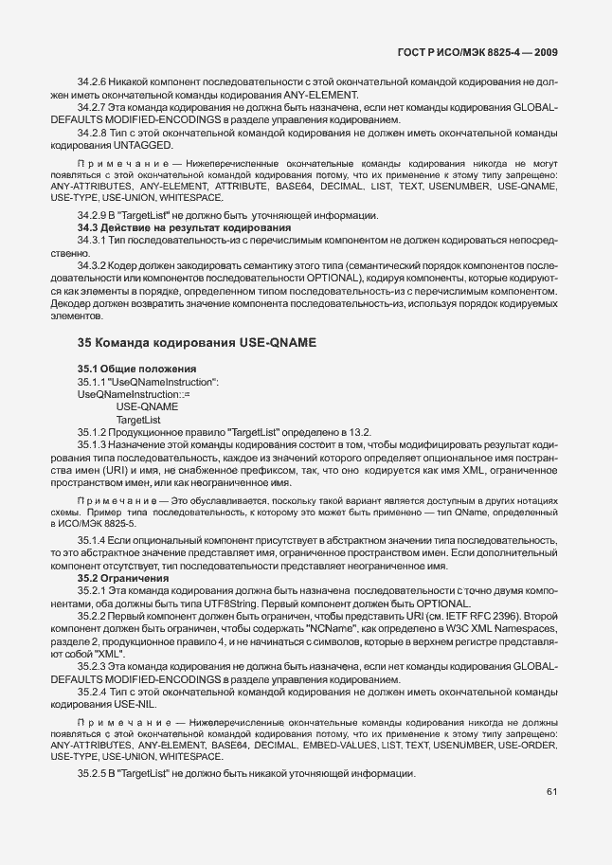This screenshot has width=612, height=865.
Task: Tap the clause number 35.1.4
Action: click(93, 539)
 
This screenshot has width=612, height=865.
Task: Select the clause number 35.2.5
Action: click(93, 774)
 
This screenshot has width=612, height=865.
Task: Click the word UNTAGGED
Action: click(145, 144)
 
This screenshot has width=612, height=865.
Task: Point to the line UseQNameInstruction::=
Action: click(134, 393)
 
